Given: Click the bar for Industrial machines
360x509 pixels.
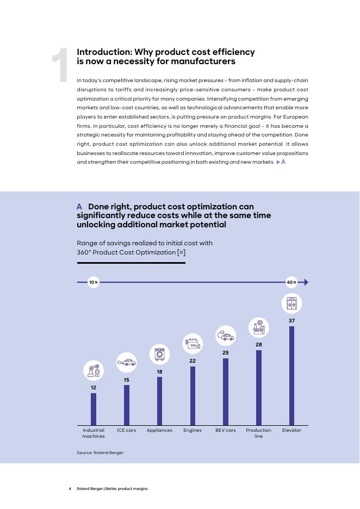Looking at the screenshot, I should point(94,409).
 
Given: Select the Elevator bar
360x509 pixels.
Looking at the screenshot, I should point(291,375).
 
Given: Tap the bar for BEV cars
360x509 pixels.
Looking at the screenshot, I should point(226,392).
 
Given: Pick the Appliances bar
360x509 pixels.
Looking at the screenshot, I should point(159,401).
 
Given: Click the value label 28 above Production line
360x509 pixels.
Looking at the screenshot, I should point(259,345).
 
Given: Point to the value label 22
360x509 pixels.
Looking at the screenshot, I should point(193,361).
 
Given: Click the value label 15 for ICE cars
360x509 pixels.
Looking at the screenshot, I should point(126,380).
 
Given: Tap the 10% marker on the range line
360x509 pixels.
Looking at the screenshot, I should point(94,282).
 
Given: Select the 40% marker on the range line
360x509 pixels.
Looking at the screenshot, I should point(291,282).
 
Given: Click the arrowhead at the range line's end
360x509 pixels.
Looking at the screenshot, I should point(306,282).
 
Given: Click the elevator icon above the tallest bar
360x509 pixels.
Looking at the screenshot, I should point(291,303).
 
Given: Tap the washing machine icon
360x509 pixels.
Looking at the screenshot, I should point(159,355).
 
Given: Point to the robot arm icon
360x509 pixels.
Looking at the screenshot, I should point(94,371).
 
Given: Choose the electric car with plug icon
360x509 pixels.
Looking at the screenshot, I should point(226,336).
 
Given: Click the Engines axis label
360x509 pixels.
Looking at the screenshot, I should point(193,430).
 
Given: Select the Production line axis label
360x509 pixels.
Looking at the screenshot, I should point(259,433).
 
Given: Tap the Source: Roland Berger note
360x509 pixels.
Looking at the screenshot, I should point(100,452).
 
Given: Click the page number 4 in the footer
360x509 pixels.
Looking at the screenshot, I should point(70,488).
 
